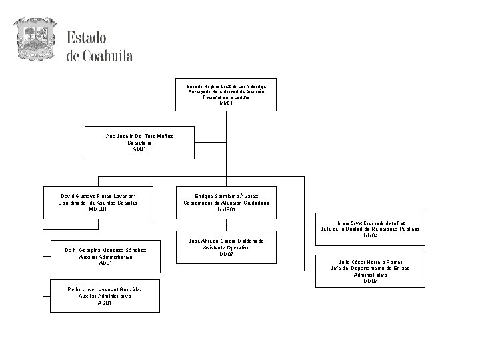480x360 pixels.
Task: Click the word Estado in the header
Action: click(x=86, y=37)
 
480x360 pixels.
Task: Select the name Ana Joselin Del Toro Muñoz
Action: click(x=140, y=136)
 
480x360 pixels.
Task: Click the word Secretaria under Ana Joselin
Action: click(x=140, y=143)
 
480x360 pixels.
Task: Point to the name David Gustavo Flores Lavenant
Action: click(x=98, y=196)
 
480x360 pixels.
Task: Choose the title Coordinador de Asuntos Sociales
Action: click(x=98, y=203)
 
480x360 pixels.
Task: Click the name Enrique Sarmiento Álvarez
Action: click(x=227, y=196)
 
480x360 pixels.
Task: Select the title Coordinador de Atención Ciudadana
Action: click(x=227, y=203)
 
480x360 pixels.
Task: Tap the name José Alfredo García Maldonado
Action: click(x=227, y=240)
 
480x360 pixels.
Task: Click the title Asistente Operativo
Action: click(x=227, y=247)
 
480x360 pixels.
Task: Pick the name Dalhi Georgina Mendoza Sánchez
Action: click(x=106, y=249)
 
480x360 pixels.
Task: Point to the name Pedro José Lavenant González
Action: click(x=105, y=289)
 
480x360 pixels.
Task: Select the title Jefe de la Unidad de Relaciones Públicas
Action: click(x=370, y=229)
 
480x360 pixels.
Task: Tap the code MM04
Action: click(x=370, y=236)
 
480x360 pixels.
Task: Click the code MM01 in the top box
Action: click(x=227, y=103)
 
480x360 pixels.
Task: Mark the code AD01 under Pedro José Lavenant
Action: click(x=105, y=303)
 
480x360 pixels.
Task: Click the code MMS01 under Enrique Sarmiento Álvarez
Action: click(x=227, y=209)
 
